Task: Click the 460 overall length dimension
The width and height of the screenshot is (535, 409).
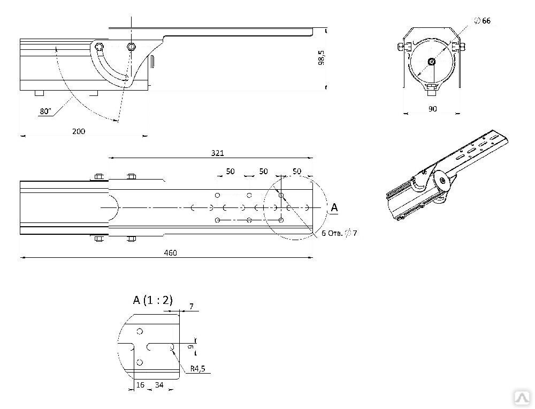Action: (170, 252)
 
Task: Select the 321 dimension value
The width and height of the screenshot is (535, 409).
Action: (217, 153)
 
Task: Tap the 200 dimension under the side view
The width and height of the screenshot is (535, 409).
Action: (79, 131)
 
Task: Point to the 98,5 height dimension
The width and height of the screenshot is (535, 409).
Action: (321, 58)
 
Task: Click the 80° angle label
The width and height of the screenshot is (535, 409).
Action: (45, 111)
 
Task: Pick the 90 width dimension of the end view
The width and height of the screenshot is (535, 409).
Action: (432, 109)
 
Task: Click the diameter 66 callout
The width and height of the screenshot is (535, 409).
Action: (483, 21)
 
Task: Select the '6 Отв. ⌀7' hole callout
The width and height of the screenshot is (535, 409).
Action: (339, 233)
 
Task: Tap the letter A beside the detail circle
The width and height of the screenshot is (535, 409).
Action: (334, 207)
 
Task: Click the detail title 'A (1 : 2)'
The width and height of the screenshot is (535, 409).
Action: (153, 300)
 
